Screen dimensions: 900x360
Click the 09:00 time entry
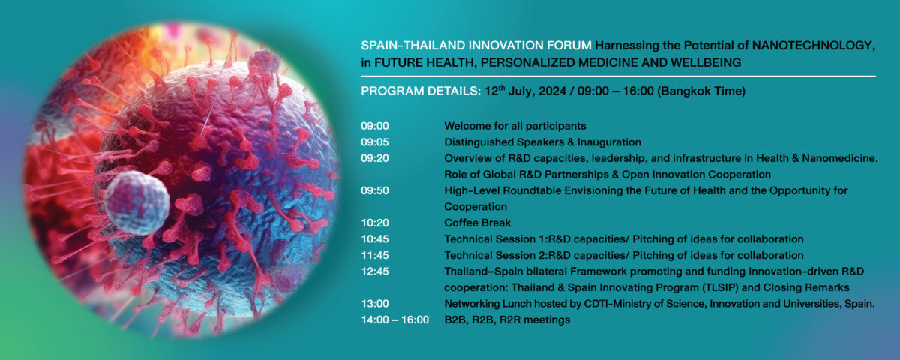[374, 126]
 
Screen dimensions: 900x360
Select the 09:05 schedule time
[374, 142]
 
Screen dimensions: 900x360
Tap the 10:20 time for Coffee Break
[374, 223]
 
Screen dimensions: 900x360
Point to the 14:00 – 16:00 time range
[394, 319]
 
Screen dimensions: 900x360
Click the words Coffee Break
[477, 223]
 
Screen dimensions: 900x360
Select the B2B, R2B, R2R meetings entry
[507, 319]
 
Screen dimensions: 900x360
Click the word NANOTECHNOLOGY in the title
[813, 46]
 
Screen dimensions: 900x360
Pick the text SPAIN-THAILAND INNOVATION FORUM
[476, 46]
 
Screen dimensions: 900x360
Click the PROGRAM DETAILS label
[421, 91]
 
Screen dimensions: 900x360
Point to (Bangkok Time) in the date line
[701, 91]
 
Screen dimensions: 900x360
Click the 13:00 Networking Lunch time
[374, 304]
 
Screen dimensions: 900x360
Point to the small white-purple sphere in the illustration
[137, 202]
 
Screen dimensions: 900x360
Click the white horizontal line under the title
[618, 76]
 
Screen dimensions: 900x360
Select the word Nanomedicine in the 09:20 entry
[840, 158]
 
